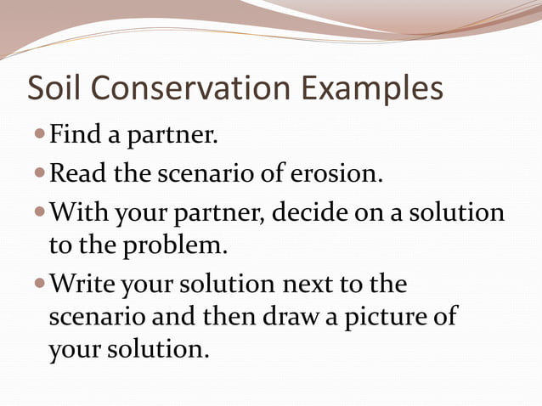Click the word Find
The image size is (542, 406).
[x=76, y=134]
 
